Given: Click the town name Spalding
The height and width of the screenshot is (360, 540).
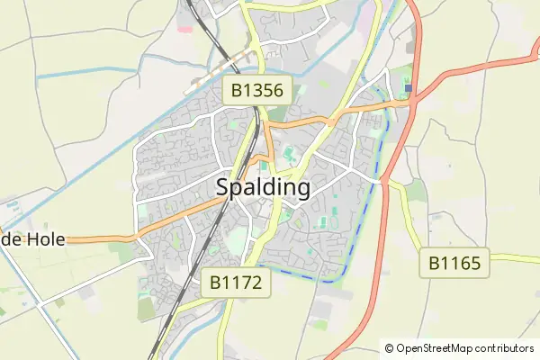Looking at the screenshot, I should [264, 188].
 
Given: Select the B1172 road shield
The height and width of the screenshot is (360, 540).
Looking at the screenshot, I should [235, 283].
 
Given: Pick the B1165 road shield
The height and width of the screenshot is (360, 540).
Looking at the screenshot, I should [454, 264].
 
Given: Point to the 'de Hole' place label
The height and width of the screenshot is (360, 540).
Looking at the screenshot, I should [30, 240].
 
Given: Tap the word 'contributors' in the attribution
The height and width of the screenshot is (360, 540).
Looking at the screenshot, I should [506, 348].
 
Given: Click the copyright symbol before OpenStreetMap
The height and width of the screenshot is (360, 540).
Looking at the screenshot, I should [389, 348].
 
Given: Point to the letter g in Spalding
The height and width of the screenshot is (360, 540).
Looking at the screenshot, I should [302, 191].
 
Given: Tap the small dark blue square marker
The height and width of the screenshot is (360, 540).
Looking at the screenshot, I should [408, 88].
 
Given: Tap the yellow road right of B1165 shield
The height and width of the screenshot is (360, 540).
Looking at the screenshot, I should [513, 258].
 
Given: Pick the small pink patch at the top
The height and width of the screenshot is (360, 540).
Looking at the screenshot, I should [184, 27].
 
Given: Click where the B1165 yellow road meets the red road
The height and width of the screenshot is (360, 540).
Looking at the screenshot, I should [388, 181].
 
